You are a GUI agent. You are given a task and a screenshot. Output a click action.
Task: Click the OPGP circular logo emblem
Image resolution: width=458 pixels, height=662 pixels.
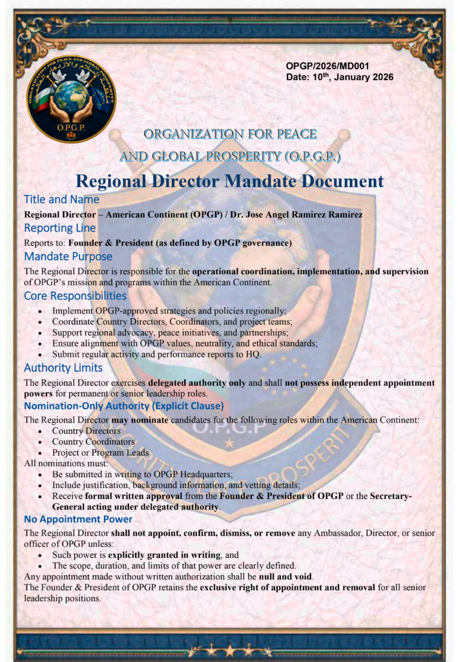[x=71, y=98]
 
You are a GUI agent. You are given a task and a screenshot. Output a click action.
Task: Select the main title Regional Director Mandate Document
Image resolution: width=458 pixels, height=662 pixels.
[x=229, y=181]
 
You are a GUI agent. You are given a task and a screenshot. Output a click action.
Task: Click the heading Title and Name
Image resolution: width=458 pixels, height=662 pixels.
[x=61, y=199]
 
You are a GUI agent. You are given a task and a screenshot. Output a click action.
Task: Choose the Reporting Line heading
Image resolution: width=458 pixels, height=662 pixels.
[x=59, y=228]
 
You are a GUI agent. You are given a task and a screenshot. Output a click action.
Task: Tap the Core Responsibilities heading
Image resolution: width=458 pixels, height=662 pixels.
[x=75, y=296]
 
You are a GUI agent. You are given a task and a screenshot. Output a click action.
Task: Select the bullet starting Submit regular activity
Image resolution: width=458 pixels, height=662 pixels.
[x=156, y=354]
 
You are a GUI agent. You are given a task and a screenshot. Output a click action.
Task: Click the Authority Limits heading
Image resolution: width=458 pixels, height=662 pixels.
[x=63, y=368]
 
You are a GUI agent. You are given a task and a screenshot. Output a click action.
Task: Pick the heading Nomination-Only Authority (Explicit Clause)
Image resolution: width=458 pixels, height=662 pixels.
[x=123, y=406]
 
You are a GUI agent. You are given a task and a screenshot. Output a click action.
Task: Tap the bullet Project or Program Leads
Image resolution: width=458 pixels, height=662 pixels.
[x=100, y=453]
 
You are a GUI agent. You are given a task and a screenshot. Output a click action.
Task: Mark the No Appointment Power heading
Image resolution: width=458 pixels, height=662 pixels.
[x=78, y=519]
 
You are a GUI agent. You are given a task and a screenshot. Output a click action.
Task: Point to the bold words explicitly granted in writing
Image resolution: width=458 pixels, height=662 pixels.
[x=163, y=555]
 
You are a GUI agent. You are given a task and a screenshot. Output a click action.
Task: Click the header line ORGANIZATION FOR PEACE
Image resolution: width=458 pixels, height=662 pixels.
[x=230, y=134]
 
